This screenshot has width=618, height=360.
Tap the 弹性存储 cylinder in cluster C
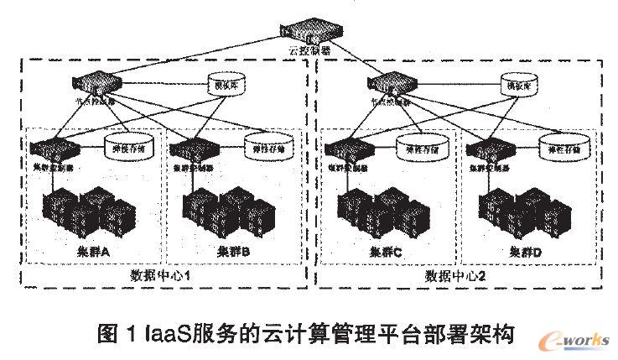(418, 149)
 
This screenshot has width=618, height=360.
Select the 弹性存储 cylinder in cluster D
(559, 148)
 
